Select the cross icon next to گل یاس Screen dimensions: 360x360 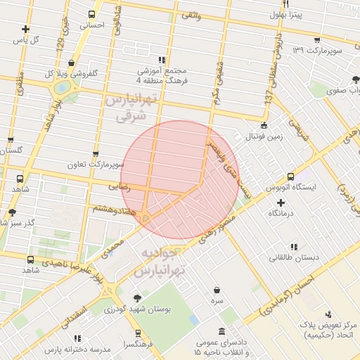tap(26, 29)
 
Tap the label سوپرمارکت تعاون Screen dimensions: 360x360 tap(96, 165)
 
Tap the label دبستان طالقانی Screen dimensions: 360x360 tap(294, 257)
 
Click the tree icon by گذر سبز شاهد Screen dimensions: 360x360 tap(12, 212)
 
